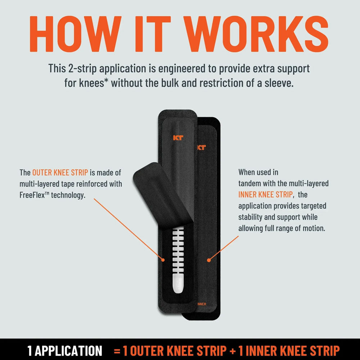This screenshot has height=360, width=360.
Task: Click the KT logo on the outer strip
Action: (178, 137)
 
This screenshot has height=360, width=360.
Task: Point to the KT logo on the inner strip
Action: (201, 147)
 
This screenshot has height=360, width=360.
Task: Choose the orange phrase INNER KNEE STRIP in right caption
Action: (265, 195)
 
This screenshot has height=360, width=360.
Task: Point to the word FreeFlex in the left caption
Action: (34, 195)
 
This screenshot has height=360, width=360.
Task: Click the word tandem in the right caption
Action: (250, 184)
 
